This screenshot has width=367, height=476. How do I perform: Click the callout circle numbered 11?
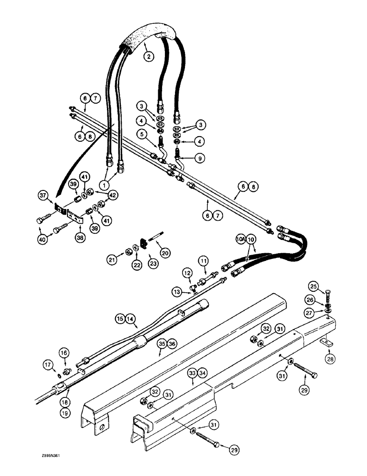(x=203, y=260)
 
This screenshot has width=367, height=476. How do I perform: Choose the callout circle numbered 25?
(x=326, y=287)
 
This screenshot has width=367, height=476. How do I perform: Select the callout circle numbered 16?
(x=64, y=353)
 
